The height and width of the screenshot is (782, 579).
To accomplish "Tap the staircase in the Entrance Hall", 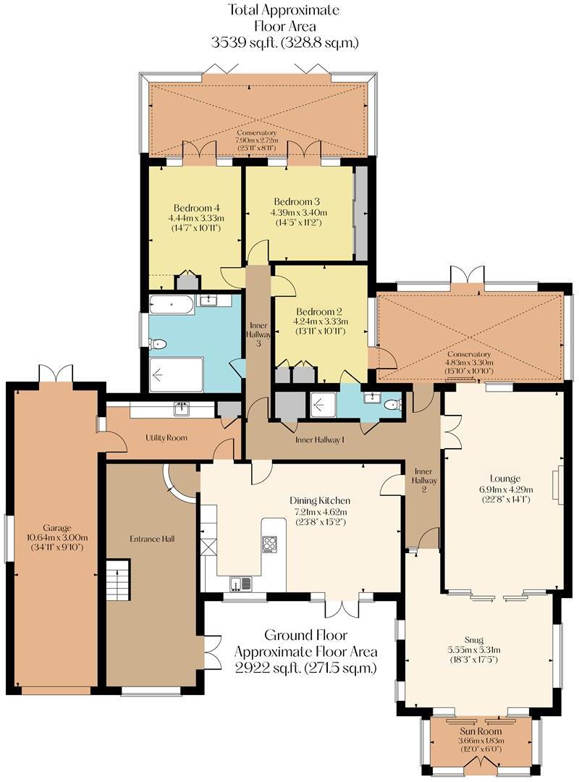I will tap(117, 580).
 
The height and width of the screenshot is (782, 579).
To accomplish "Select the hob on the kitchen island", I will tap(269, 545).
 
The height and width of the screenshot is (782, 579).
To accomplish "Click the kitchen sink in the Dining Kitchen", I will tap(240, 582).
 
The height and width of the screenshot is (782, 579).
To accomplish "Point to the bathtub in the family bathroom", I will tap(172, 304).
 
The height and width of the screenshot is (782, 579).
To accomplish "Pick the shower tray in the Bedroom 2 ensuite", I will tap(324, 405).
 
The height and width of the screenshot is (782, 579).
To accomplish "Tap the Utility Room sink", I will tap(180, 410).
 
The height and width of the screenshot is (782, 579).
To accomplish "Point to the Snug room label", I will tap(475, 640).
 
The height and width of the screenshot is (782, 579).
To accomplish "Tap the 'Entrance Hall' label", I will tap(152, 539).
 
